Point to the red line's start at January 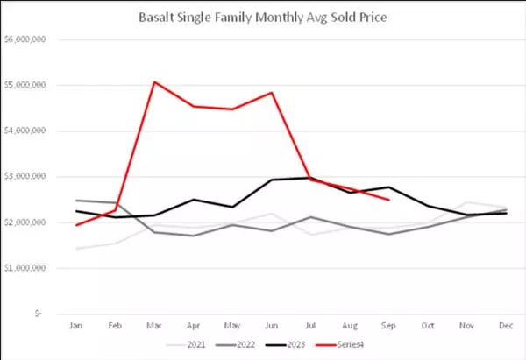76,225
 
